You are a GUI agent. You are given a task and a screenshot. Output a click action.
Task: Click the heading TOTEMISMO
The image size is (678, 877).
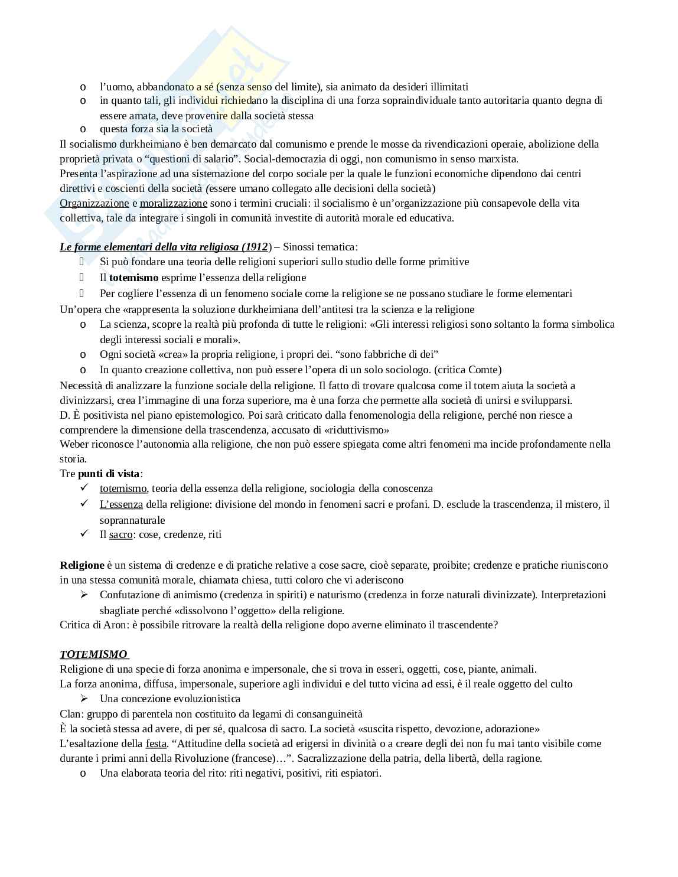tap(93, 654)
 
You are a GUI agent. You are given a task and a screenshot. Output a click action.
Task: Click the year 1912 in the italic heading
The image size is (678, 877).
tap(255, 247)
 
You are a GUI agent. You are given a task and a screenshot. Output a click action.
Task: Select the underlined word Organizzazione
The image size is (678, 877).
tap(94, 203)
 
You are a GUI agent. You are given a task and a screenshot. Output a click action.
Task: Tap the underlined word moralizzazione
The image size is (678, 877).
tap(174, 203)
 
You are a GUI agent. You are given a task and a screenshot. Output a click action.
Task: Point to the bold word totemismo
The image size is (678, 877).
tap(134, 278)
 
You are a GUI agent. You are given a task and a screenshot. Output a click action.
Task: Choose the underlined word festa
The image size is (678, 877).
tap(156, 744)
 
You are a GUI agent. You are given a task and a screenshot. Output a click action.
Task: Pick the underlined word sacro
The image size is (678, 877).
tap(121, 534)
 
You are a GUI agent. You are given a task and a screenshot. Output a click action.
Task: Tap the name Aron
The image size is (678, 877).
tap(116, 625)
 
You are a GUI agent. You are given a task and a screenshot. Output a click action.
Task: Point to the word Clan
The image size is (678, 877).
tap(70, 714)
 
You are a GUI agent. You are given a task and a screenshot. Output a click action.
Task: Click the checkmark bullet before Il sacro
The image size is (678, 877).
tap(83, 534)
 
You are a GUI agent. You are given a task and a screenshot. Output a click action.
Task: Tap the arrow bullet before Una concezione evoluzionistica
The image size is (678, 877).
tap(83, 699)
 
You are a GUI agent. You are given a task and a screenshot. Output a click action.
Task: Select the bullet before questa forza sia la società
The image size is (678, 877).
tap(83, 129)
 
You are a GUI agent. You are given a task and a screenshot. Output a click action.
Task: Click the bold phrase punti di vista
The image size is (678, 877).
tap(109, 474)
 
